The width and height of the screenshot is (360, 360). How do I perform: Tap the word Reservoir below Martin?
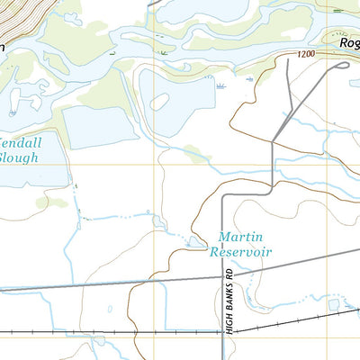point(240,253)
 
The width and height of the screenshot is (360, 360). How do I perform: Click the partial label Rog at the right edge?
point(348,42)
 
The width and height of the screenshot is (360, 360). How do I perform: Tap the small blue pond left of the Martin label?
point(193,240)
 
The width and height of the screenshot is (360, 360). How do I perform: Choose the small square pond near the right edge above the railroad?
point(335,307)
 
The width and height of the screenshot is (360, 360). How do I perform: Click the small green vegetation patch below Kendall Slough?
point(56,202)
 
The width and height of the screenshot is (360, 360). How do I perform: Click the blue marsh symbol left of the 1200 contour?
point(221,86)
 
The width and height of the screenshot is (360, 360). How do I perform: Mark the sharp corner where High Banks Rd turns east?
point(223,193)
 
